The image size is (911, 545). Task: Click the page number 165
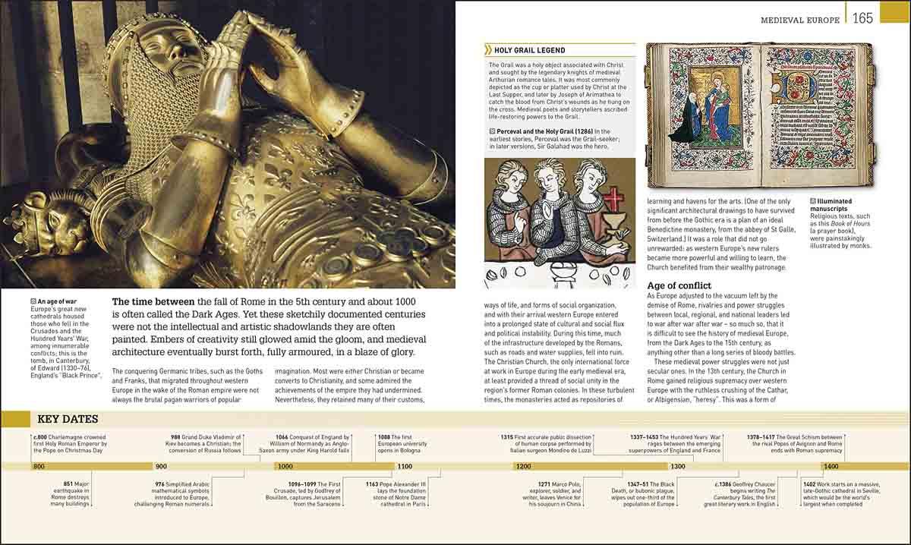pyautogui.click(x=862, y=17)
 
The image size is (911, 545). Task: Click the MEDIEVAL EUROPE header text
pyautogui.click(x=800, y=20)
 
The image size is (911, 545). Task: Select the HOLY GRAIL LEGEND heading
pyautogui.click(x=529, y=50)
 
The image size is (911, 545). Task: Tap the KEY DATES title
pyautogui.click(x=68, y=419)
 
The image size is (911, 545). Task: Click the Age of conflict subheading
pyautogui.click(x=679, y=285)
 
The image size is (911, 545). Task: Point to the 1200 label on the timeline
pyautogui.click(x=523, y=466)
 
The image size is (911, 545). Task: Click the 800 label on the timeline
pyautogui.click(x=39, y=466)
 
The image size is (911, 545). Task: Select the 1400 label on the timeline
pyautogui.click(x=831, y=466)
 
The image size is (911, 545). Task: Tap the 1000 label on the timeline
pyautogui.click(x=285, y=466)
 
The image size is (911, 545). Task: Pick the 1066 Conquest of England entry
pyautogui.click(x=312, y=443)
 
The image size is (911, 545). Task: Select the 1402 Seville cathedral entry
pyautogui.click(x=844, y=493)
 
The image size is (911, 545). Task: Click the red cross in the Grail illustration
pyautogui.click(x=613, y=200)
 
